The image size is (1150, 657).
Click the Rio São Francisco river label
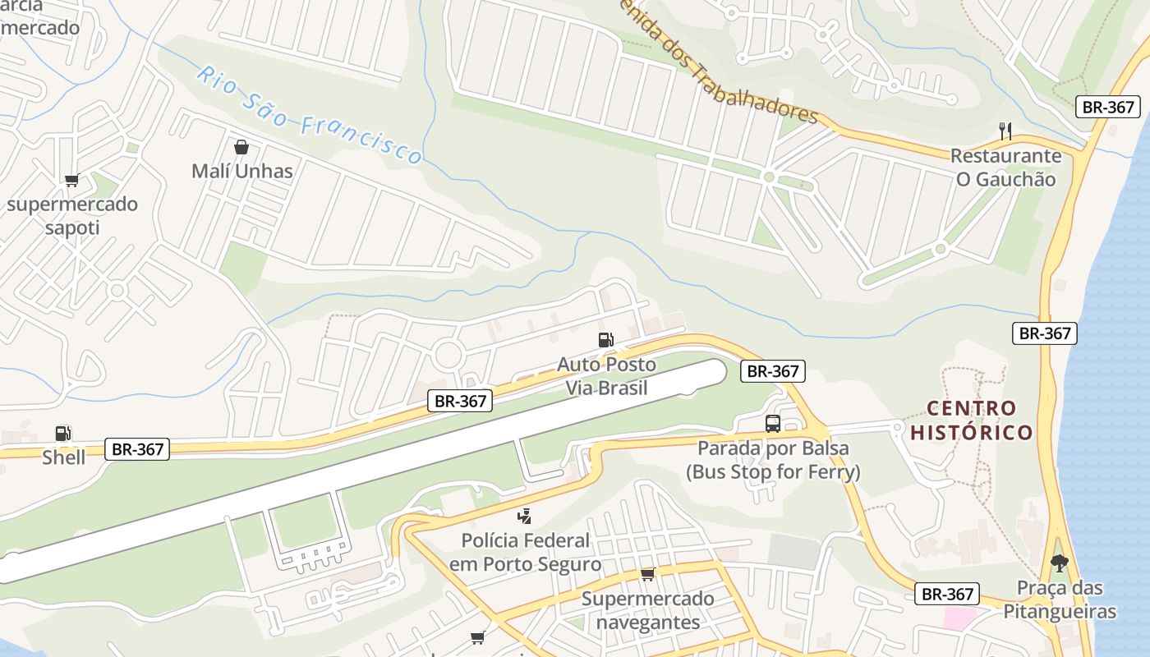310,115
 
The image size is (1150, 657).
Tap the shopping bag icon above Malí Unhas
241,147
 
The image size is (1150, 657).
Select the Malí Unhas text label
241,171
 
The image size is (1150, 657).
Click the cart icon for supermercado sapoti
71,181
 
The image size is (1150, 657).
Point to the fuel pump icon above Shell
63,434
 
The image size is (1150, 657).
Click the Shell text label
63,457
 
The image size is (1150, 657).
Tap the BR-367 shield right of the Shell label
137,449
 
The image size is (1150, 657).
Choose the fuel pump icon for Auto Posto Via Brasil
606,340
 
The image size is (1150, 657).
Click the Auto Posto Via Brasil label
606,375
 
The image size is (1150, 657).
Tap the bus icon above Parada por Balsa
773,424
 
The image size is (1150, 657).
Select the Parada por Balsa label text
773,460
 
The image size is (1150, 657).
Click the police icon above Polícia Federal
525,517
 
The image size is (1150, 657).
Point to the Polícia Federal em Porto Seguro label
525,553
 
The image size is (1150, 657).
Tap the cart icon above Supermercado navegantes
648,574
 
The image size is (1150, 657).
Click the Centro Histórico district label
972,420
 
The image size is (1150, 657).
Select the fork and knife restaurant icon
1005,131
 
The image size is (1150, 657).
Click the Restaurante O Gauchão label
1005,167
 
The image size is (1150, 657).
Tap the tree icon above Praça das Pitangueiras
1060,563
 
